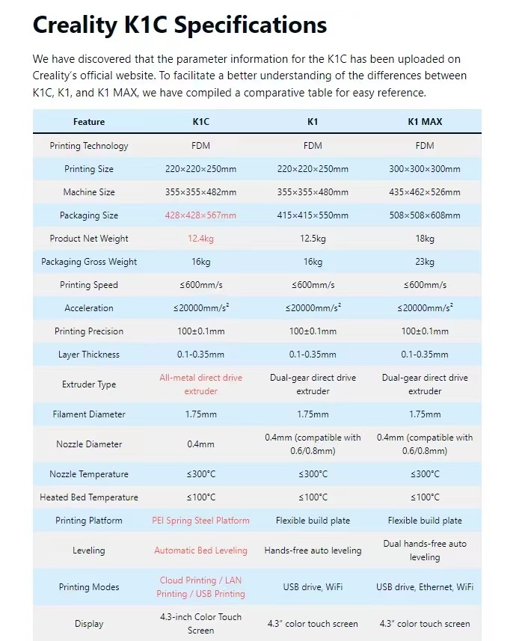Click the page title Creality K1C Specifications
[x=179, y=25]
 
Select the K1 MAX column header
[x=424, y=122]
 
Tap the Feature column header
[x=89, y=122]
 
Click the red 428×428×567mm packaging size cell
[x=200, y=215]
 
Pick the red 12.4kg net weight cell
[x=200, y=239]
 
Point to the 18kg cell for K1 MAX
[x=425, y=239]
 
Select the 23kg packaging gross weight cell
[x=425, y=262]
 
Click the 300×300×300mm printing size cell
[x=425, y=169]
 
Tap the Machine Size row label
[x=89, y=192]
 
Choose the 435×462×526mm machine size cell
[x=425, y=192]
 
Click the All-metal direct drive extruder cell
[x=200, y=384]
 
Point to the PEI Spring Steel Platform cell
[x=200, y=521]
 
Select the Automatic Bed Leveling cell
[x=200, y=550]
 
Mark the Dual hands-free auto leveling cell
[x=425, y=550]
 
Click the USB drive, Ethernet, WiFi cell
[x=425, y=587]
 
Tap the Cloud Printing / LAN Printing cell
[x=200, y=587]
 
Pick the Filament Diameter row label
[x=89, y=414]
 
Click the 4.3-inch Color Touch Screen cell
[x=200, y=624]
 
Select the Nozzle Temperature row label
[x=89, y=474]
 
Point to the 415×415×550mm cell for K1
[x=313, y=215]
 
